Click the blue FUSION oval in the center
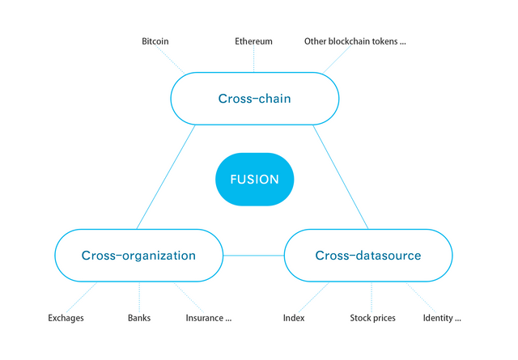[x=254, y=180]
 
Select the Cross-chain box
[x=255, y=99]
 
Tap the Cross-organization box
[x=138, y=256]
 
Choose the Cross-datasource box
[x=368, y=256]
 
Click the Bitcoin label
[x=155, y=41]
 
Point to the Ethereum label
[x=253, y=41]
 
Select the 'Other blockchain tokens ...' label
[x=355, y=41]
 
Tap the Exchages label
[x=66, y=318]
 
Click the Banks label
[x=139, y=318]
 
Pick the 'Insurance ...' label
[x=209, y=318]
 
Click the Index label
[x=294, y=318]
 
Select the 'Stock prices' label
[x=372, y=318]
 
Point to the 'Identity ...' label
[x=442, y=318]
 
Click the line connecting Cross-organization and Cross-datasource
[x=253, y=256]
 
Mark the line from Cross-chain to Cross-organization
[x=166, y=176]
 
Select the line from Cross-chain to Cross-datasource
[x=341, y=176]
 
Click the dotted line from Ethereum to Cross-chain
[x=253, y=59]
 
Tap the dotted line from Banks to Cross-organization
[x=139, y=297]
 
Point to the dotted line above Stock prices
[x=372, y=297]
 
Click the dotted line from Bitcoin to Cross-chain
[x=170, y=59]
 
